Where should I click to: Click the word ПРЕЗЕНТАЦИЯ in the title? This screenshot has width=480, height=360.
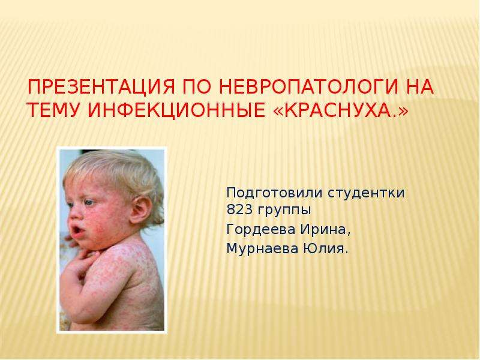[101, 87]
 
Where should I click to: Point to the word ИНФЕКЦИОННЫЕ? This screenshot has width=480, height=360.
[176, 110]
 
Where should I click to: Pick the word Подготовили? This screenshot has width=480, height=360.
[275, 193]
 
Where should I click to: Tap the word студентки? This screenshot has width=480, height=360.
[367, 193]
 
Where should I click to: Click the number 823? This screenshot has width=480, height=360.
[239, 210]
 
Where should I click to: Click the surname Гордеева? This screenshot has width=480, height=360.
[261, 230]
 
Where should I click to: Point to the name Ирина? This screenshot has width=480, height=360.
[325, 230]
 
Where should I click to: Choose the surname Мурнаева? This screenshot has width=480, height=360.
[262, 249]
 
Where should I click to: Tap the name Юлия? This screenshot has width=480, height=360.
[326, 248]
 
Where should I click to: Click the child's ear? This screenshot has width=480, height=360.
[140, 209]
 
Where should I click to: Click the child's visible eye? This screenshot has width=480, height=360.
[89, 202]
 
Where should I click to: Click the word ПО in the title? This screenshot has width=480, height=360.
[197, 87]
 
